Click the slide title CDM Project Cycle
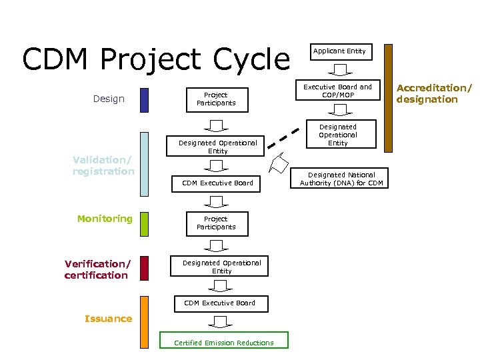click(156, 59)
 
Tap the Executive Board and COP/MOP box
click(337, 91)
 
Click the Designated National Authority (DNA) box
click(341, 179)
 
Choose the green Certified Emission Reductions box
click(223, 341)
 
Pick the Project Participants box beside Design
click(215, 99)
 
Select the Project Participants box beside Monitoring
click(215, 223)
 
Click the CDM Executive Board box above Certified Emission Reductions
click(219, 303)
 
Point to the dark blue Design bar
click(145, 99)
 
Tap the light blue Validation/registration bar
click(145, 164)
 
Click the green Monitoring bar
click(145, 224)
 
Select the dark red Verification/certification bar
click(145, 269)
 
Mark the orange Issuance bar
click(145, 322)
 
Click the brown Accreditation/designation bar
click(388, 98)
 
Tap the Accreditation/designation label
click(433, 94)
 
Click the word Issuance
click(108, 319)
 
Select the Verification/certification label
click(96, 269)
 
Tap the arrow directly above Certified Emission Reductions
click(217, 321)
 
